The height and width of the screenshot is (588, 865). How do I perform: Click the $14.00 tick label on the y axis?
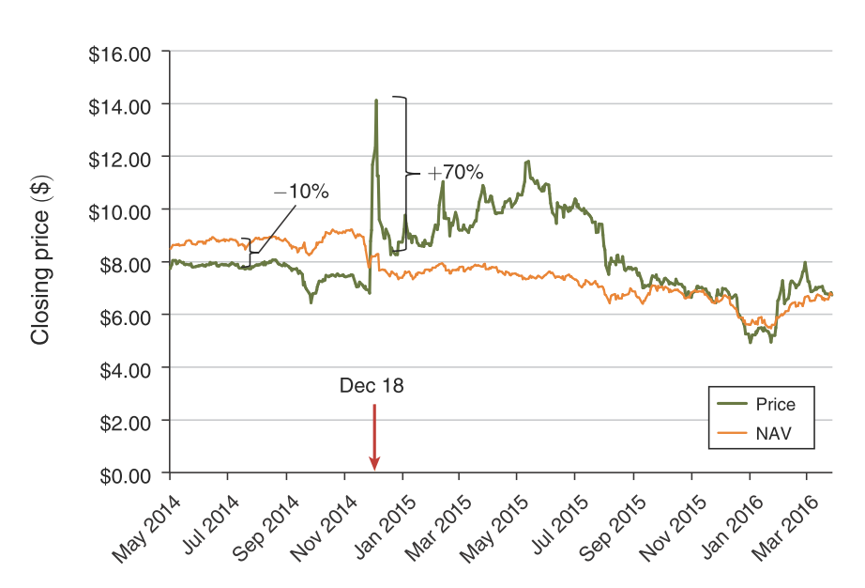point(120,105)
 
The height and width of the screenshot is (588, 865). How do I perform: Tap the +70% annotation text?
point(455,173)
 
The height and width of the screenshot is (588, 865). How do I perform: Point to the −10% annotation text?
point(301,192)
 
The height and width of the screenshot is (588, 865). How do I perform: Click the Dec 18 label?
point(372,385)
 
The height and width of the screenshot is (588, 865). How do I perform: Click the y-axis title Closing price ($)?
point(39,258)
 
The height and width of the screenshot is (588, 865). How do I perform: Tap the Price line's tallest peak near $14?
point(376,100)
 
